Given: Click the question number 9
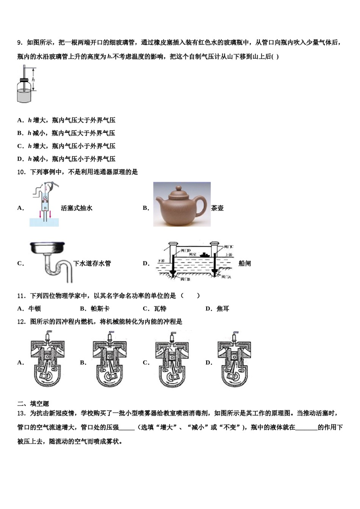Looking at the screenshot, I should (x=20, y=42).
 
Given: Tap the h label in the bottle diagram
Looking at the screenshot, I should (x=33, y=80).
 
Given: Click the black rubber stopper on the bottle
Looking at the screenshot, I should (x=23, y=81).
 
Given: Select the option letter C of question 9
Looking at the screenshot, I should (x=20, y=146).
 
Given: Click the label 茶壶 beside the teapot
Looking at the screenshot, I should (x=218, y=208).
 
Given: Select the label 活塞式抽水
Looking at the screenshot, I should (x=77, y=208).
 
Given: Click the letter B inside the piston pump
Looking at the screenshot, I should (x=45, y=208).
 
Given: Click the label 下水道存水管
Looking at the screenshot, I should (x=92, y=263).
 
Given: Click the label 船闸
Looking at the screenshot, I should (x=244, y=263).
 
